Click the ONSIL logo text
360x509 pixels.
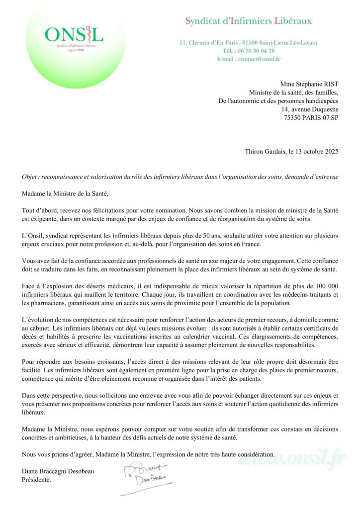click(x=74, y=34)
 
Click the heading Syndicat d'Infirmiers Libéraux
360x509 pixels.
click(x=248, y=21)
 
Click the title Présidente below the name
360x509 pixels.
click(x=36, y=480)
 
